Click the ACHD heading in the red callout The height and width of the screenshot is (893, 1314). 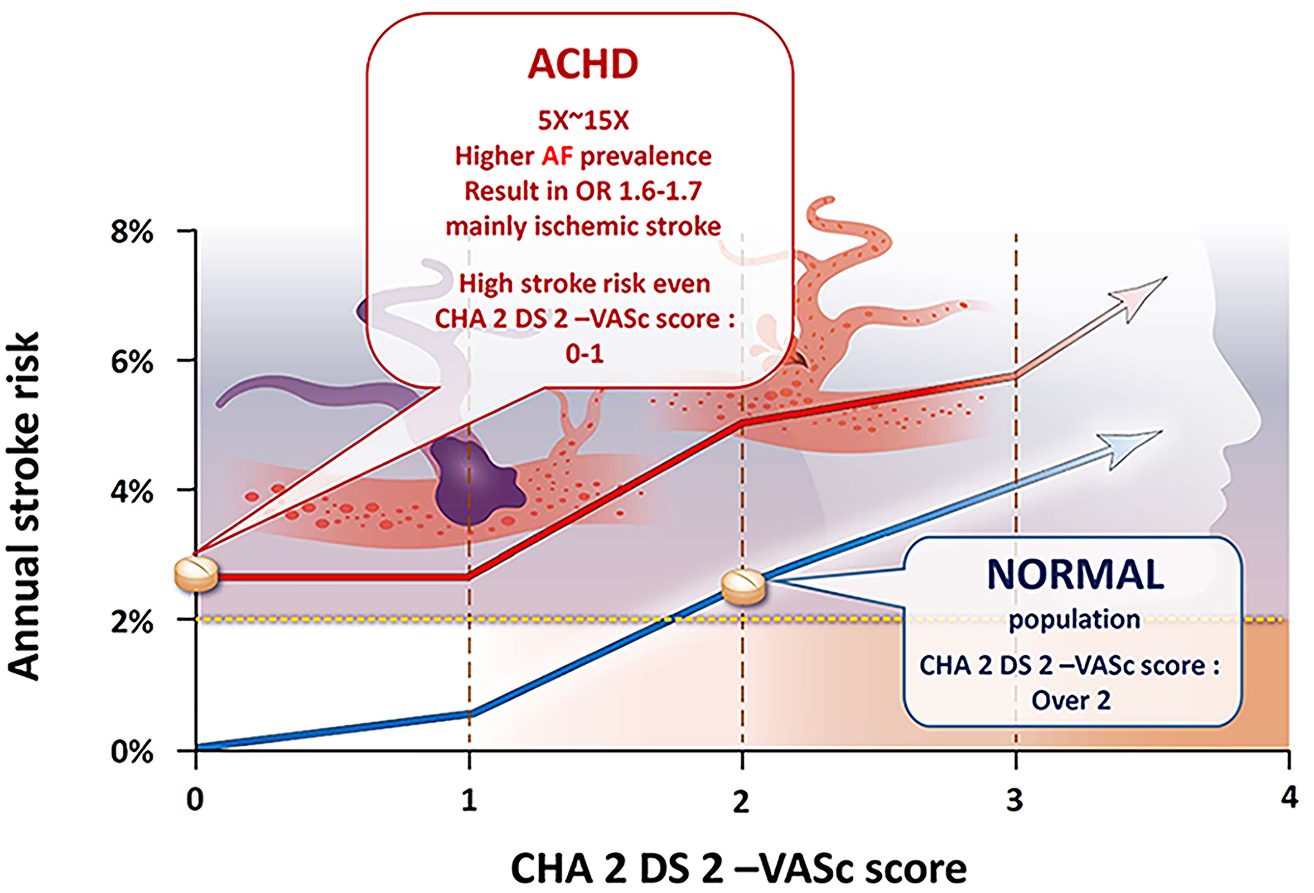(x=583, y=64)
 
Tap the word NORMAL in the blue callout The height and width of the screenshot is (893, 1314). (x=1075, y=574)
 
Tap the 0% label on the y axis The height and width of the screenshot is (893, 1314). (x=132, y=752)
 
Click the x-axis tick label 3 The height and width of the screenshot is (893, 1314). (x=1015, y=800)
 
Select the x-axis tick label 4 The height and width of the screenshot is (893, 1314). (x=1289, y=798)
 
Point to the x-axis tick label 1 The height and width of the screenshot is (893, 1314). (x=469, y=800)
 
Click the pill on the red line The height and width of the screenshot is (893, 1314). (x=196, y=574)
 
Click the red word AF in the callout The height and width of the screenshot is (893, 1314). (x=557, y=156)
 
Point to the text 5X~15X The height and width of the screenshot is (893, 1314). (x=583, y=120)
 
